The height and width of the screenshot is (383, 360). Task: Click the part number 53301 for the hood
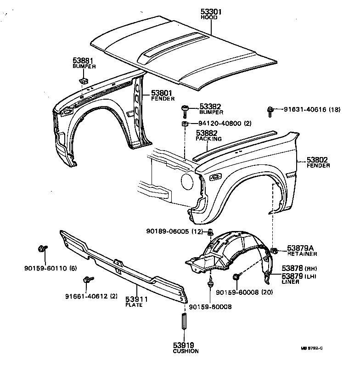click(x=211, y=11)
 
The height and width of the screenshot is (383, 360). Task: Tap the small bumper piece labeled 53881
click(x=83, y=81)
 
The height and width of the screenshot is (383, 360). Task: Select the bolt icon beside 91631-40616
click(x=271, y=109)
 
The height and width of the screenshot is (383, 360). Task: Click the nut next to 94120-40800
click(x=185, y=124)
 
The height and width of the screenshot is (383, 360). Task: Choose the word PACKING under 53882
click(x=208, y=138)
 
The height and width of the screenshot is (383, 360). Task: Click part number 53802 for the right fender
click(x=318, y=160)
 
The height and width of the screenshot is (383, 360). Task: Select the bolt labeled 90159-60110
click(x=40, y=249)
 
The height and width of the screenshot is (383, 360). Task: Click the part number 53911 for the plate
click(x=136, y=299)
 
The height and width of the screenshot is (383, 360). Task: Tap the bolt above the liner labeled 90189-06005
click(x=210, y=231)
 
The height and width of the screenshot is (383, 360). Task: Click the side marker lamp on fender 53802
click(x=214, y=177)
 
